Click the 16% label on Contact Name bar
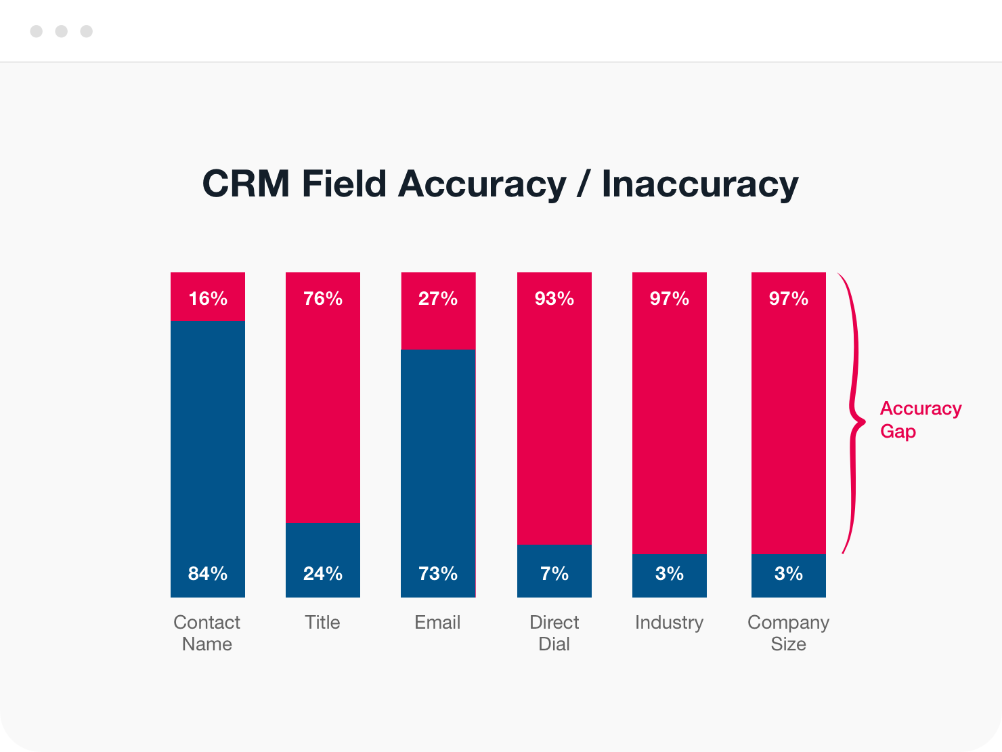point(208,299)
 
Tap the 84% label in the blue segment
point(208,574)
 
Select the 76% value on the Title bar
point(323,299)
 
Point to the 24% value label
point(323,574)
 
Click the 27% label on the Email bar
point(438,299)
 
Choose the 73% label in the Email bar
point(438,574)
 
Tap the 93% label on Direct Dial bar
point(554,299)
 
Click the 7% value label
point(554,574)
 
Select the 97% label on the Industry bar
point(670,299)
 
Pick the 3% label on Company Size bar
point(789,574)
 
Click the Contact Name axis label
point(207,633)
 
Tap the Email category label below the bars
point(437,623)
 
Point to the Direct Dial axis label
point(554,633)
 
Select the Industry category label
point(669,623)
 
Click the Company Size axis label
point(788,633)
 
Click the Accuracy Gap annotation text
point(920,419)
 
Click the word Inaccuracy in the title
point(700,184)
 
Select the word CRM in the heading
point(246,184)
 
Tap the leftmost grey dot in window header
point(37,31)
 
